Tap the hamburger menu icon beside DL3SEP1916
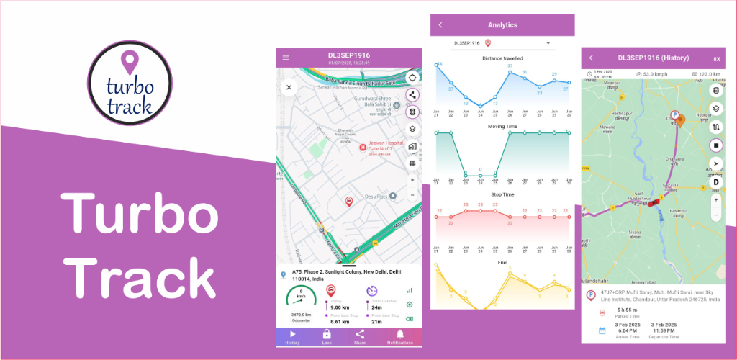point(286,58)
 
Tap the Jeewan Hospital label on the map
point(383,146)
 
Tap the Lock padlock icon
point(326,334)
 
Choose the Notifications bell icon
point(400,334)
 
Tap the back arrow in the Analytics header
point(440,25)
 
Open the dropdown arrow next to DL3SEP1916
point(548,43)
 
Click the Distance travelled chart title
point(502,58)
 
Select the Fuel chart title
point(502,263)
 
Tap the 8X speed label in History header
point(717,59)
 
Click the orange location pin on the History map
point(680,120)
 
